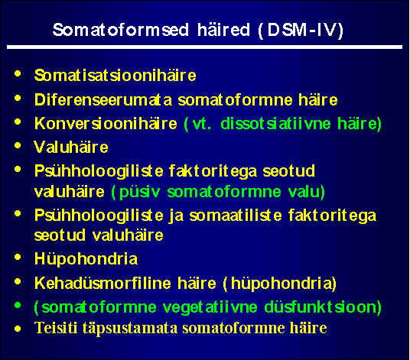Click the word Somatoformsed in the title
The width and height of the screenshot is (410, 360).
tap(121, 30)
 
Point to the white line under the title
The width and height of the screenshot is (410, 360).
tap(204, 47)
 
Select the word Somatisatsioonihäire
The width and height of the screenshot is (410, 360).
tap(116, 76)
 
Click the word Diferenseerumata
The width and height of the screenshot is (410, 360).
tap(103, 100)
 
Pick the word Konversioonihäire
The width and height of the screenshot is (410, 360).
tap(106, 124)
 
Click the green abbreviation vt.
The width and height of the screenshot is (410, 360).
tap(202, 124)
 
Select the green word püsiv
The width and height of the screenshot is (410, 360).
tap(139, 193)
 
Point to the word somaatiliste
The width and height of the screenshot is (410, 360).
tap(236, 216)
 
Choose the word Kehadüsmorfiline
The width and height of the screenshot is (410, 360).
tap(102, 284)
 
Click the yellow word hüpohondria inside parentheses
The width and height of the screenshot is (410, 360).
tap(281, 284)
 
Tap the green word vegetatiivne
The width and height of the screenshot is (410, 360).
tap(210, 307)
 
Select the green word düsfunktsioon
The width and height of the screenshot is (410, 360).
tap(320, 307)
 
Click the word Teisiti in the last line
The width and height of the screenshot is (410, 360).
tap(56, 328)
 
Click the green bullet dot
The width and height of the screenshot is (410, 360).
tap(18, 305)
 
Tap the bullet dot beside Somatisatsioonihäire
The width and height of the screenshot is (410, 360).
tap(18, 73)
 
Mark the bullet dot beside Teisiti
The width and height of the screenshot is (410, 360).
tap(18, 329)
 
